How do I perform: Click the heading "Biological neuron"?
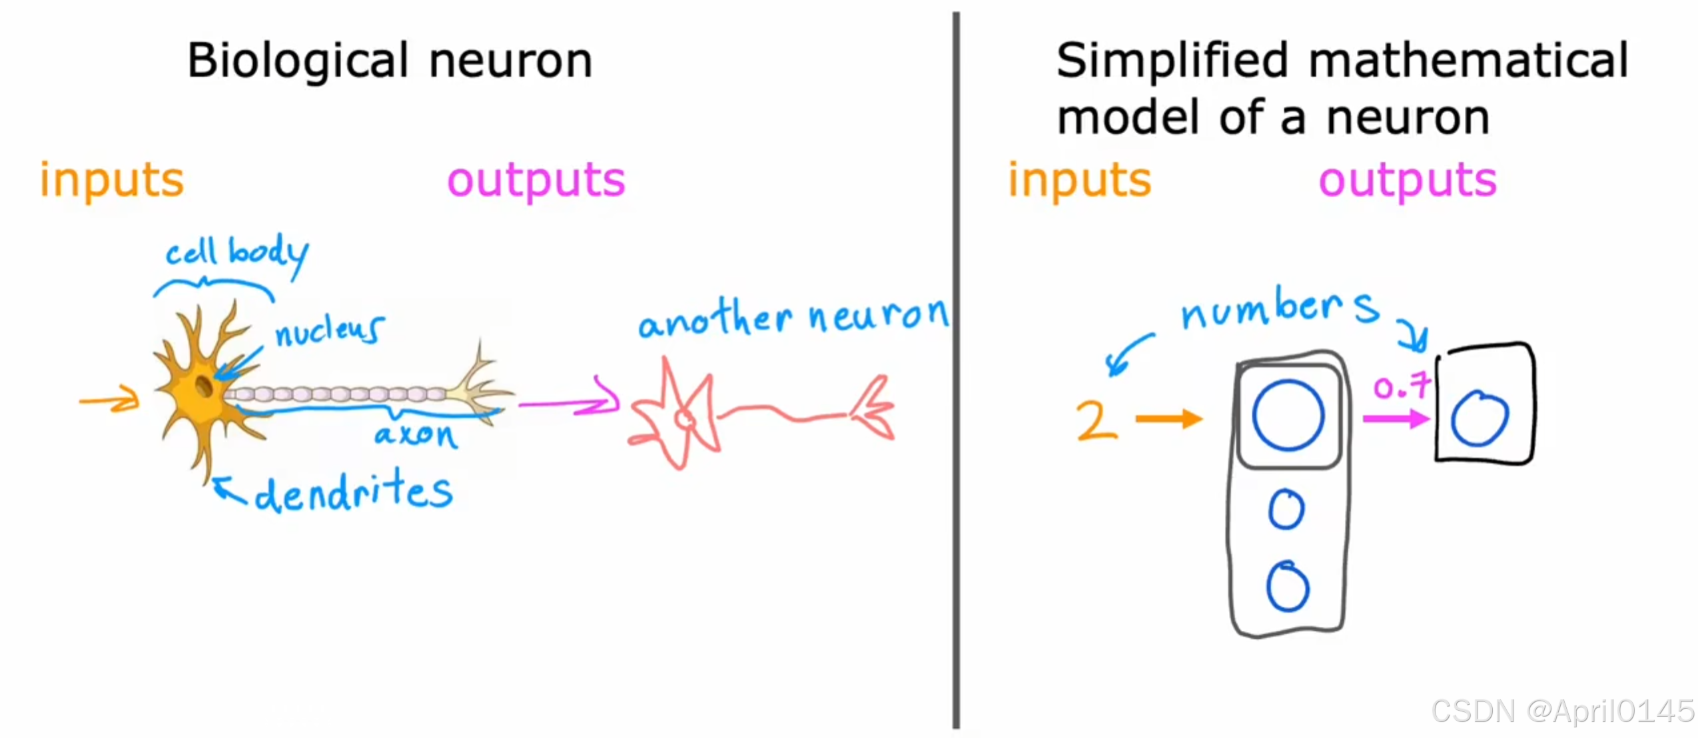point(389,61)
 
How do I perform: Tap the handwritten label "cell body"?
point(236,253)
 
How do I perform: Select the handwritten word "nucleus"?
point(329,330)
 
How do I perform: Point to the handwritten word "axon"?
point(416,435)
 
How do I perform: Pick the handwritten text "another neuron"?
point(793,318)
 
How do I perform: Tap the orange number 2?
point(1095,420)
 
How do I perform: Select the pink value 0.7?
point(1401,386)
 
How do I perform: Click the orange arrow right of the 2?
point(1168,419)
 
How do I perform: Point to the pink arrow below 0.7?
point(1396,419)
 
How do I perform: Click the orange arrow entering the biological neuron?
point(109,400)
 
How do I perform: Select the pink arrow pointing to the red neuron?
point(570,402)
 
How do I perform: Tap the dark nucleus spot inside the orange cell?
point(203,386)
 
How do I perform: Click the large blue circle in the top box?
point(1287,416)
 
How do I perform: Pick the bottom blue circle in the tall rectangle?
point(1287,587)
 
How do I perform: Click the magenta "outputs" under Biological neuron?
point(536,181)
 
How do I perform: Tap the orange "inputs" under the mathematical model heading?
point(1079,181)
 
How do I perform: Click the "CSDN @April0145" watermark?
point(1562,711)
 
